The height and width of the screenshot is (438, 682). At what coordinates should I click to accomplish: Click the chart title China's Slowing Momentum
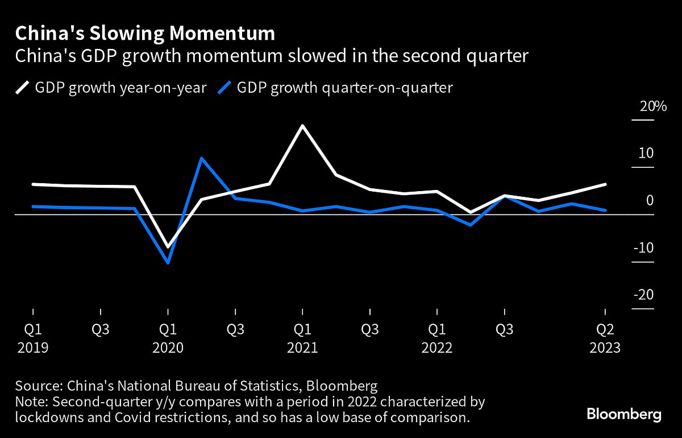tap(145, 34)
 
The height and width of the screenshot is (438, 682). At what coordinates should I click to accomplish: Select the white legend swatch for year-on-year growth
tap(22, 88)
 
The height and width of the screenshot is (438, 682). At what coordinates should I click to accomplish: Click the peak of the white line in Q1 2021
tap(302, 125)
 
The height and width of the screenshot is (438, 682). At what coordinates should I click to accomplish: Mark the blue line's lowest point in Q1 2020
tap(168, 263)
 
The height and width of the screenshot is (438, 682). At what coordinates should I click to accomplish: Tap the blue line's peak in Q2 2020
tap(201, 158)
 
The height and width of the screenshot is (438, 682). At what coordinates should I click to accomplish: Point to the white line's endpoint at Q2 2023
tap(605, 184)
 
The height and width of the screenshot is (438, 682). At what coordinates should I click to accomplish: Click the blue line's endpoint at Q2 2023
tap(605, 210)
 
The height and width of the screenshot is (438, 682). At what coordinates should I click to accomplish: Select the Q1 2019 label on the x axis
tap(32, 329)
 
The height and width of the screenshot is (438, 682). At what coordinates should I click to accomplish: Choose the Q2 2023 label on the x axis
tap(605, 329)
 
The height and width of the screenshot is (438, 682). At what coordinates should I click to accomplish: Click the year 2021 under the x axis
tap(302, 348)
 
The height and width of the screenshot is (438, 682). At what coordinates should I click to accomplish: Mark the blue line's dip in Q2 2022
tap(471, 225)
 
